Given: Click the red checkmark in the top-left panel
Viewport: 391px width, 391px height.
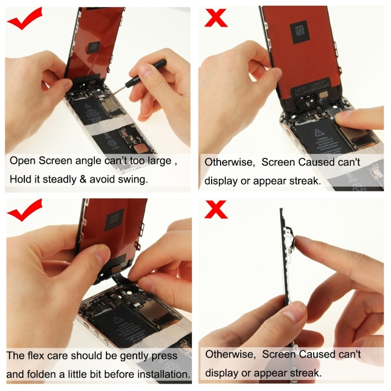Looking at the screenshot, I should coord(25,20).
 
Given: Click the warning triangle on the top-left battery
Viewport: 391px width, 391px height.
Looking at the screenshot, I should coord(87,111).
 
